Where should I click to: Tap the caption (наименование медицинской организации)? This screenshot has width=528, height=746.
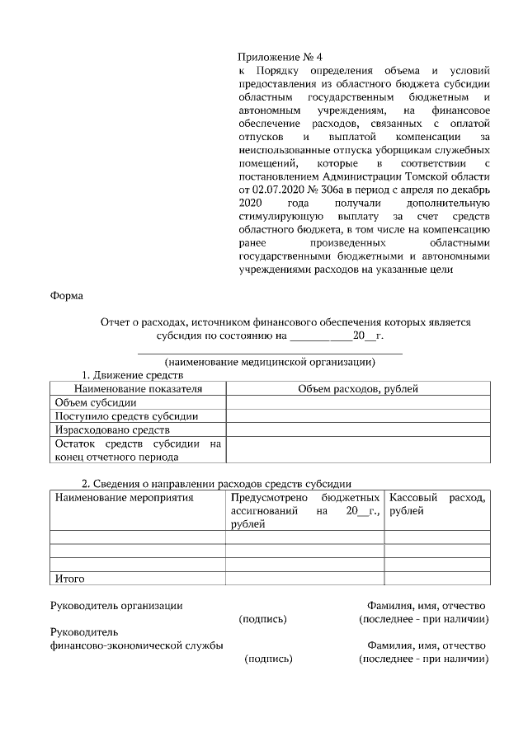click(270, 363)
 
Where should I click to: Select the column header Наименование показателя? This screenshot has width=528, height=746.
click(138, 388)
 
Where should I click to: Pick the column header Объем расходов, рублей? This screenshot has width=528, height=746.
click(358, 388)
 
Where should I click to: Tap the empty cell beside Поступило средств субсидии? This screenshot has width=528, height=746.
click(358, 416)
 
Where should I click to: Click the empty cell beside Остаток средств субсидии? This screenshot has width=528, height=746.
click(358, 450)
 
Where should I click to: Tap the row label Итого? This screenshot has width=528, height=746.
click(69, 579)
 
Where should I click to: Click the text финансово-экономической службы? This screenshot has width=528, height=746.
click(137, 645)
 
